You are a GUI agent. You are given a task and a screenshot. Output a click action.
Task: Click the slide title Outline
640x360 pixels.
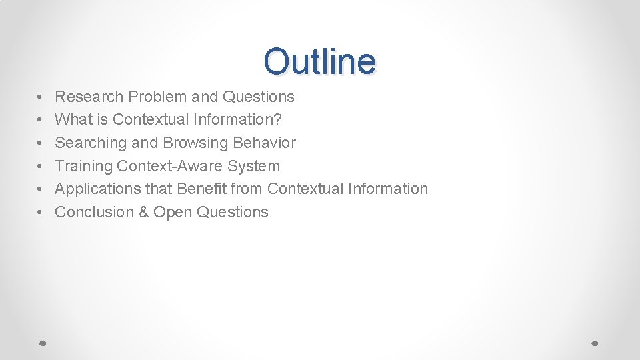[x=319, y=61]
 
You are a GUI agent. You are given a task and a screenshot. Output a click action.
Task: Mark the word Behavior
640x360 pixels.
[x=265, y=143]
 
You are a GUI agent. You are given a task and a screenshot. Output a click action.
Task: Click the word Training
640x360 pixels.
[x=83, y=166]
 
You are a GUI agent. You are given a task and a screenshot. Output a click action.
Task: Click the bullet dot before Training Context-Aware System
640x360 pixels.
[x=41, y=166]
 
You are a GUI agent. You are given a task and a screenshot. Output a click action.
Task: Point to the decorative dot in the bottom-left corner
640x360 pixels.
[x=42, y=343]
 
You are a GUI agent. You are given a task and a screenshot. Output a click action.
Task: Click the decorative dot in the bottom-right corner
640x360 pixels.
[x=595, y=343]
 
